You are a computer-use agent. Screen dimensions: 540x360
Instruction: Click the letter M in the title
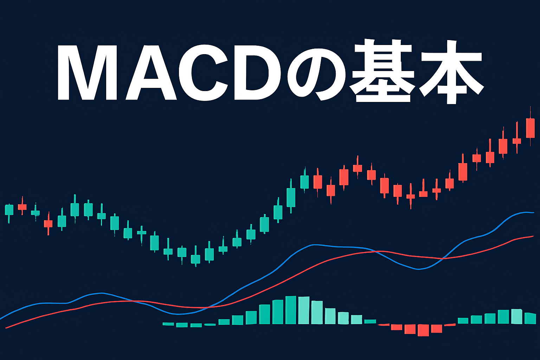point(87,72)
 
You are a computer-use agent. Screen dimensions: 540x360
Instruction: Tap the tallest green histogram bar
point(291,310)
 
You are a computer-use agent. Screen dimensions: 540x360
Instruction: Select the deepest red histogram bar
point(423,330)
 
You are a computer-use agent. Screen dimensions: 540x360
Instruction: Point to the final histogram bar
point(530,318)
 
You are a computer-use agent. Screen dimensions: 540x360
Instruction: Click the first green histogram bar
point(168,324)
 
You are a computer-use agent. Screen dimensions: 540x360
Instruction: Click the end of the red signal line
point(533,236)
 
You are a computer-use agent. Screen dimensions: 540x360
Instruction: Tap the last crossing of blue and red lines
point(443,258)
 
